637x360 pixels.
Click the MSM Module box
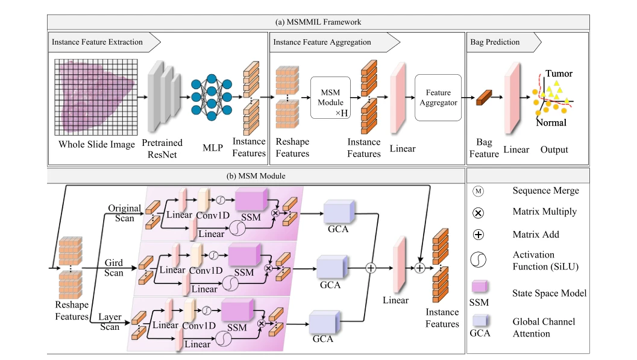click(330, 98)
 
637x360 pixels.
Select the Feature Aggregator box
click(438, 98)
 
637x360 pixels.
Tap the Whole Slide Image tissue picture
click(96, 97)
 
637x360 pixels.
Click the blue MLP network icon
click(212, 97)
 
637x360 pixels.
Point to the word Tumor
click(559, 74)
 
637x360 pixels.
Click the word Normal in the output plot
click(551, 122)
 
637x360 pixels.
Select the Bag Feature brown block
click(484, 98)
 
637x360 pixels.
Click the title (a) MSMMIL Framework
click(318, 22)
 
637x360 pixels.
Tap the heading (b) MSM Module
click(256, 176)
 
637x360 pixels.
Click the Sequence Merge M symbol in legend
click(478, 191)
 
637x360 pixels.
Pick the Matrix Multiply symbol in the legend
click(478, 213)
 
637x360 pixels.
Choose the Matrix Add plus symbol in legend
click(478, 235)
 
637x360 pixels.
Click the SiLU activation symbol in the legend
click(478, 260)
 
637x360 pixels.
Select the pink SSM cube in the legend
click(479, 286)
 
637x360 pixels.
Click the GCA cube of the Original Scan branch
click(339, 212)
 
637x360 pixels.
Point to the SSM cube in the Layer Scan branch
click(237, 311)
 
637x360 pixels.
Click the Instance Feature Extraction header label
click(97, 42)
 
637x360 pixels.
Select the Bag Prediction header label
click(495, 42)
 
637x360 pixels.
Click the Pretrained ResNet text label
click(162, 149)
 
